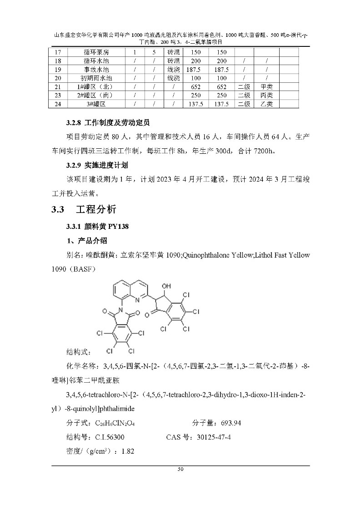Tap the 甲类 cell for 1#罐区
[x=266, y=87]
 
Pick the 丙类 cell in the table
[x=266, y=96]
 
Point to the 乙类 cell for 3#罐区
[x=266, y=104]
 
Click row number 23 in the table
[x=58, y=96]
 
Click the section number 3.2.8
[x=73, y=123]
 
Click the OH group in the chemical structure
[x=166, y=286]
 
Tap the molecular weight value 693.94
[x=231, y=423]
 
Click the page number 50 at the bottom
[x=180, y=470]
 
